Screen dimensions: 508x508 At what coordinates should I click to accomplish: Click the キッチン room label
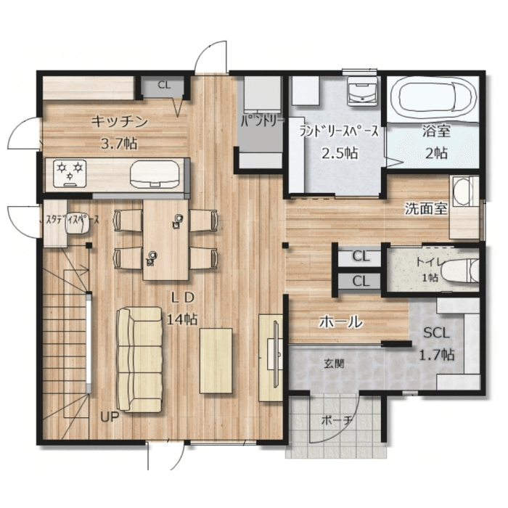pyautogui.click(x=120, y=121)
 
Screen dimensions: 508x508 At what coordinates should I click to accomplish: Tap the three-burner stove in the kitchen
pyautogui.click(x=70, y=173)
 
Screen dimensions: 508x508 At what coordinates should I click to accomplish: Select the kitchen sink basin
pyautogui.click(x=155, y=176)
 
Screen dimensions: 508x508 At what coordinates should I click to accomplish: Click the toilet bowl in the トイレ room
pyautogui.click(x=460, y=270)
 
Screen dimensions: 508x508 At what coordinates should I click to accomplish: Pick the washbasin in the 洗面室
pyautogui.click(x=461, y=192)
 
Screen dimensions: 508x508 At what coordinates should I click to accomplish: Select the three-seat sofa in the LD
pyautogui.click(x=139, y=360)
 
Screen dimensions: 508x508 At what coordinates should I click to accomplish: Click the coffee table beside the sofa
pyautogui.click(x=216, y=361)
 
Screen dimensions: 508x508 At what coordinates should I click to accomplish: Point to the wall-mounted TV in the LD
pyautogui.click(x=276, y=353)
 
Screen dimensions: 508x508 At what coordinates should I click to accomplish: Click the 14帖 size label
pyautogui.click(x=181, y=320)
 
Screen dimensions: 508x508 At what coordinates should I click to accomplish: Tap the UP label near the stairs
pyautogui.click(x=110, y=417)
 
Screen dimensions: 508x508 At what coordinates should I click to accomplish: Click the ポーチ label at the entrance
pyautogui.click(x=337, y=420)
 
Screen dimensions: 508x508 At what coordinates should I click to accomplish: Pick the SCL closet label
pyautogui.click(x=437, y=332)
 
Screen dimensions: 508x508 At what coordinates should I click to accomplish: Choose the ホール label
pyautogui.click(x=340, y=322)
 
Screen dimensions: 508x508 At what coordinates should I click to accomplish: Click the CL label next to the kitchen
pyautogui.click(x=164, y=85)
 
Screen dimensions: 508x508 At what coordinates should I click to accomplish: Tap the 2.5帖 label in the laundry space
pyautogui.click(x=340, y=153)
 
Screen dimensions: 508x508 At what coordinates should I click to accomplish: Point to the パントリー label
pyautogui.click(x=263, y=121)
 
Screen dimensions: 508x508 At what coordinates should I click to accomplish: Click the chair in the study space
pyautogui.click(x=77, y=227)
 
